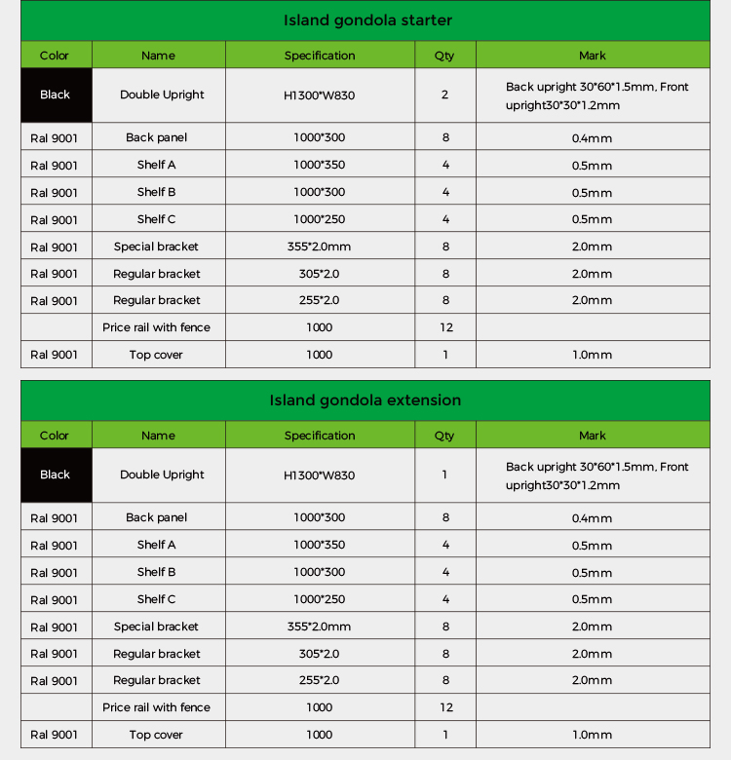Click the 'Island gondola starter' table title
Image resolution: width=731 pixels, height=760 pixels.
click(367, 20)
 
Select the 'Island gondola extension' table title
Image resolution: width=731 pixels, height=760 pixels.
click(365, 400)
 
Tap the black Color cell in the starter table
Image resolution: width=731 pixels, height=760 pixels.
click(56, 95)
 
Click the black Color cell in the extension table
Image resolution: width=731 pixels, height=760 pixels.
click(56, 475)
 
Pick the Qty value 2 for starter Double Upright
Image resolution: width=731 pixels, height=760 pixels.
click(445, 95)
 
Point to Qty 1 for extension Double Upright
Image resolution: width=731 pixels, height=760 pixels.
click(445, 475)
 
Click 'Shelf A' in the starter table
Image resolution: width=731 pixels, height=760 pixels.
click(157, 165)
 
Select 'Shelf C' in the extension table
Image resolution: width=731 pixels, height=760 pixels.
click(157, 599)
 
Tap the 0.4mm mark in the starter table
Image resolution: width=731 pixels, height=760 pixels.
click(592, 138)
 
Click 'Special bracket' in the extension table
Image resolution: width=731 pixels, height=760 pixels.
click(156, 627)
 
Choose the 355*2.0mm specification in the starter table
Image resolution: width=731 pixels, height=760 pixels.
click(319, 247)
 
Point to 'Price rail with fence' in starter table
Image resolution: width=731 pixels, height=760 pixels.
click(156, 327)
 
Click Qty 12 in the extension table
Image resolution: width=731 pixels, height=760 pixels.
click(446, 707)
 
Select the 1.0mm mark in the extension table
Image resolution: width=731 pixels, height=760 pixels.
click(592, 735)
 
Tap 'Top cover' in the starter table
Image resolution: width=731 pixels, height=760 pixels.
click(156, 355)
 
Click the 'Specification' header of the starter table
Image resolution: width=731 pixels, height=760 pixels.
click(320, 56)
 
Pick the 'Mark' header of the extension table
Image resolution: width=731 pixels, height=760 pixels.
click(592, 436)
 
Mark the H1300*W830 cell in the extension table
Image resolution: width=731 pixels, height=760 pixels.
click(319, 475)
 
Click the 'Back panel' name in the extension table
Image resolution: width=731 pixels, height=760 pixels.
click(156, 517)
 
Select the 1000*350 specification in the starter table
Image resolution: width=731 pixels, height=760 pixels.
click(319, 165)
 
